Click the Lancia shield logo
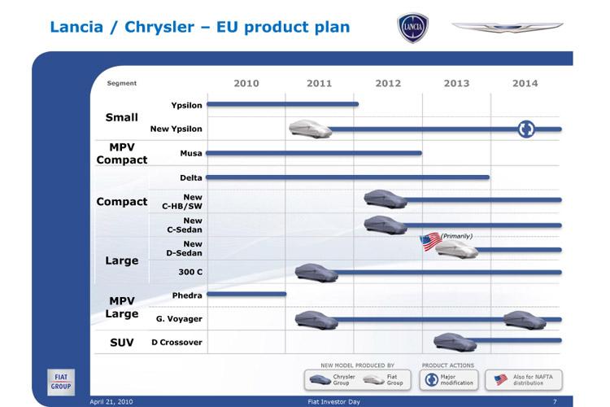click(412, 27)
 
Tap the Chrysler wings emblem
click(507, 27)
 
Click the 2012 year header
click(388, 83)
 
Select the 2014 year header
click(525, 83)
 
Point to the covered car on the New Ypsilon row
click(311, 129)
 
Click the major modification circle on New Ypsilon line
click(526, 129)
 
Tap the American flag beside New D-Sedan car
click(430, 242)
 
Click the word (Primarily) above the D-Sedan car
click(456, 236)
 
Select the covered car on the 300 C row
click(316, 273)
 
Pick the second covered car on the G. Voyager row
click(525, 320)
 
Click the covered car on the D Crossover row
click(455, 342)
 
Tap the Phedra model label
click(187, 295)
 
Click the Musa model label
click(191, 153)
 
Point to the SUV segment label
click(122, 343)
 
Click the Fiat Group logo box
click(61, 382)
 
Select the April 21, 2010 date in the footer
click(111, 401)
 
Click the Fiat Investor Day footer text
click(333, 401)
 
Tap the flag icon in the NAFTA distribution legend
click(501, 379)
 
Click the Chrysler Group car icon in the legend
click(320, 379)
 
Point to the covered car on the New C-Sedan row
click(386, 225)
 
